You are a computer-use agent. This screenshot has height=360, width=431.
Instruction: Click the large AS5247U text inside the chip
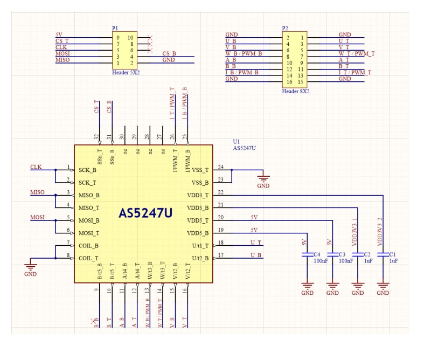tap(145, 213)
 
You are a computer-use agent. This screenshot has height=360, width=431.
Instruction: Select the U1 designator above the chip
tap(236, 142)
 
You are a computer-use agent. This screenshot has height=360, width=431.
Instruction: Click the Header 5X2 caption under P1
tap(126, 71)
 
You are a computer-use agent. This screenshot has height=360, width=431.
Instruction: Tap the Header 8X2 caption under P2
tap(296, 91)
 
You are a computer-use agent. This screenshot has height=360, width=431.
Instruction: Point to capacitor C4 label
tap(317, 254)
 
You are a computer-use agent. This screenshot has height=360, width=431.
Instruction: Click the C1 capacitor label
tap(392, 254)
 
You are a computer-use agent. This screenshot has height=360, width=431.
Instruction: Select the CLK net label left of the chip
tap(36, 167)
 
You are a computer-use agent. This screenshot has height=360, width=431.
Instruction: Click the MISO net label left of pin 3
tap(37, 192)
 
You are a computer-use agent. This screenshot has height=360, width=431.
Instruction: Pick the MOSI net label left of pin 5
tap(37, 217)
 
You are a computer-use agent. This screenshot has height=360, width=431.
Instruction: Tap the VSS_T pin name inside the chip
tap(200, 170)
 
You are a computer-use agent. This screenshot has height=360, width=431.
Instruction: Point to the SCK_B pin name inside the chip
tap(88, 170)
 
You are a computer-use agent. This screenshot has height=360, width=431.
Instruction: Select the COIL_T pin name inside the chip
tap(89, 258)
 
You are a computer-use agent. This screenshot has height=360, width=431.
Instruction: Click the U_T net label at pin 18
tap(256, 243)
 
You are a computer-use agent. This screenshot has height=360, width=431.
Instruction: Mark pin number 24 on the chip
tap(220, 167)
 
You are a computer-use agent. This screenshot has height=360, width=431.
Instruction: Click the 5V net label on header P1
tap(59, 34)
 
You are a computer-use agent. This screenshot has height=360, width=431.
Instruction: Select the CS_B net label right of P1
tap(169, 53)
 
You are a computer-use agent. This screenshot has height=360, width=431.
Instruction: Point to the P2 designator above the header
tap(285, 27)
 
